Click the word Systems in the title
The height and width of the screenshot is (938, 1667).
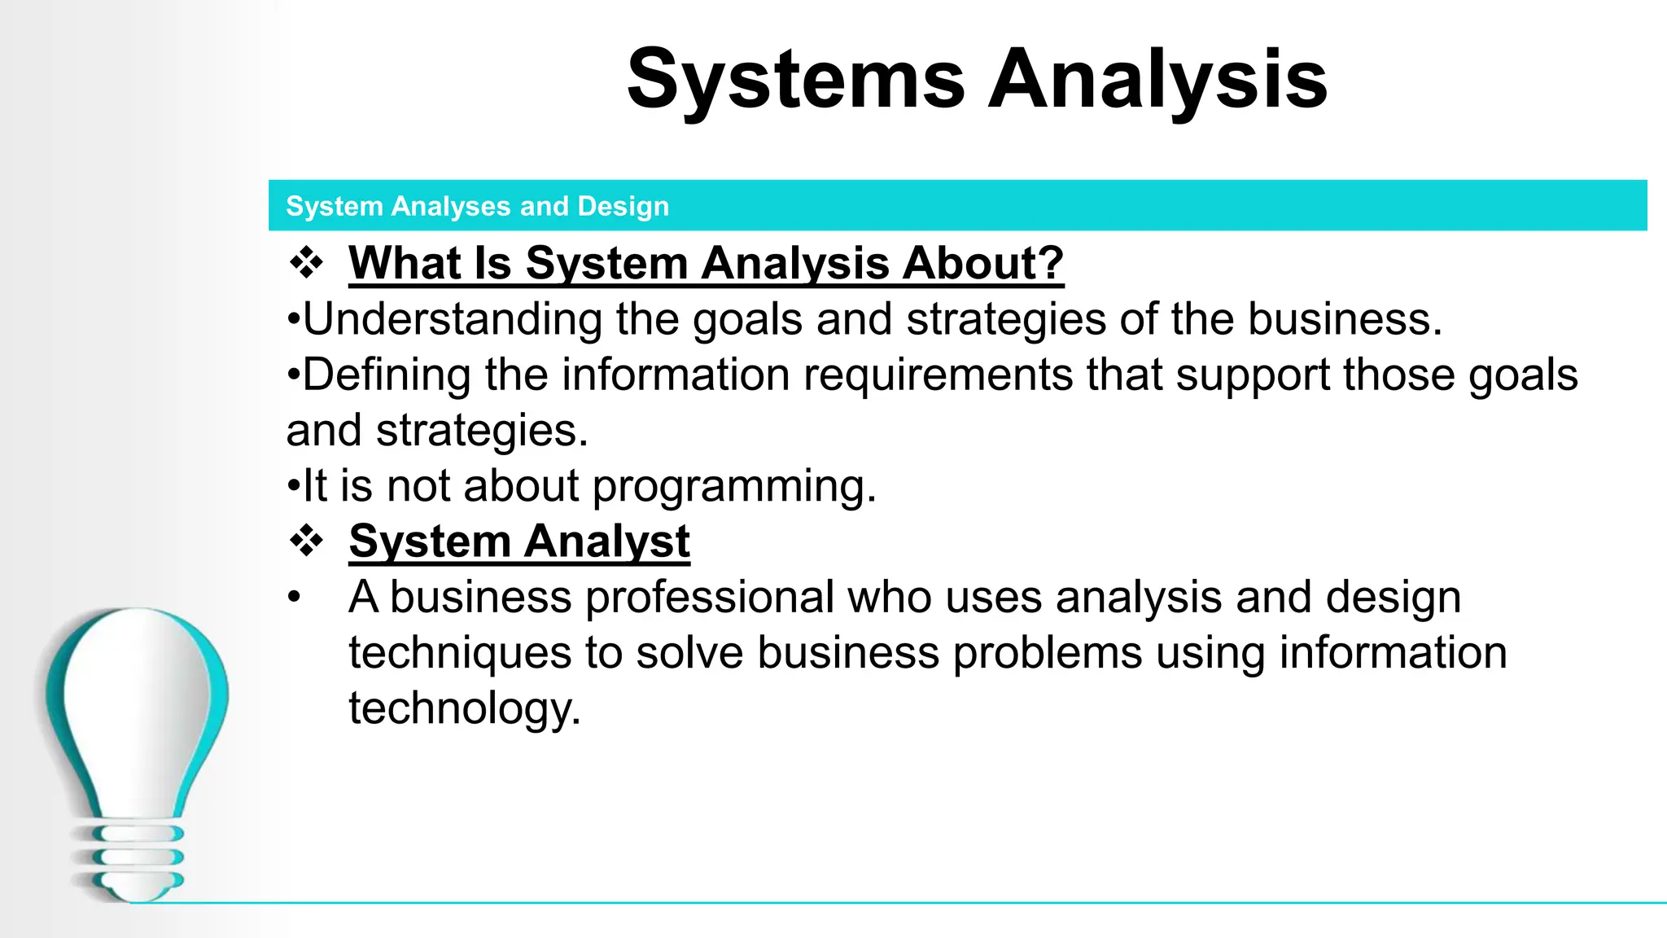coord(795,79)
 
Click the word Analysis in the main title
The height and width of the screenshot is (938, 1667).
coord(1157,79)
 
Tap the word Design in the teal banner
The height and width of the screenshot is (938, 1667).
coord(623,206)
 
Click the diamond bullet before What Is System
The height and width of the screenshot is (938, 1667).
coord(307,263)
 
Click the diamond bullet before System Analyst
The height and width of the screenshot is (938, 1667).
coord(307,541)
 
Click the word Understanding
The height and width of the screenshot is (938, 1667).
coord(452,318)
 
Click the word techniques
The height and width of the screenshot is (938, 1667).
coord(460,653)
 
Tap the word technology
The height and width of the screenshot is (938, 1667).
coord(464,708)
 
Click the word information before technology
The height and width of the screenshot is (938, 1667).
coord(1393,653)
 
